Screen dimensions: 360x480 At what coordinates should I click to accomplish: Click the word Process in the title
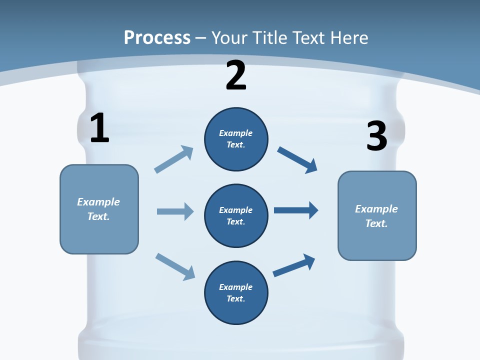pos(157,37)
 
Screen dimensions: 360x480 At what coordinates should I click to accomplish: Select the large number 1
pos(99,128)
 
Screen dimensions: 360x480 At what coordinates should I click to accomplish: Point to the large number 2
pos(236,76)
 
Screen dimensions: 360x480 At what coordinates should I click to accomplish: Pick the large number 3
pos(376,136)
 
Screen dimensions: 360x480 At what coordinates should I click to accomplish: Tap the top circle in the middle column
pos(236,139)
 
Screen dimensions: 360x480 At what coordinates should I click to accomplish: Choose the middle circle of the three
pos(236,216)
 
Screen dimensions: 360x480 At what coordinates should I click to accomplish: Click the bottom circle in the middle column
pos(236,293)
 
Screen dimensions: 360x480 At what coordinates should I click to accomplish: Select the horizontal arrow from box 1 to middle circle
pos(175,211)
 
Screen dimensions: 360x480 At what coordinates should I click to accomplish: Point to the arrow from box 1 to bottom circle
pos(175,266)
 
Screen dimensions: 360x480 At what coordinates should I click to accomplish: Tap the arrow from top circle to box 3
pos(297,159)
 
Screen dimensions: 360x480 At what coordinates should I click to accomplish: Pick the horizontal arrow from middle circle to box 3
pos(296,210)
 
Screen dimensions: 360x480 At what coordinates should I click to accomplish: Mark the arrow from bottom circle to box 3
pos(294,265)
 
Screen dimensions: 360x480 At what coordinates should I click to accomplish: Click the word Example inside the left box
pos(98,202)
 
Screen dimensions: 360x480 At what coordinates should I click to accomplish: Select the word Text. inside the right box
pos(376,223)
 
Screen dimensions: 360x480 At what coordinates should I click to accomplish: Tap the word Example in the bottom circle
pos(236,287)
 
